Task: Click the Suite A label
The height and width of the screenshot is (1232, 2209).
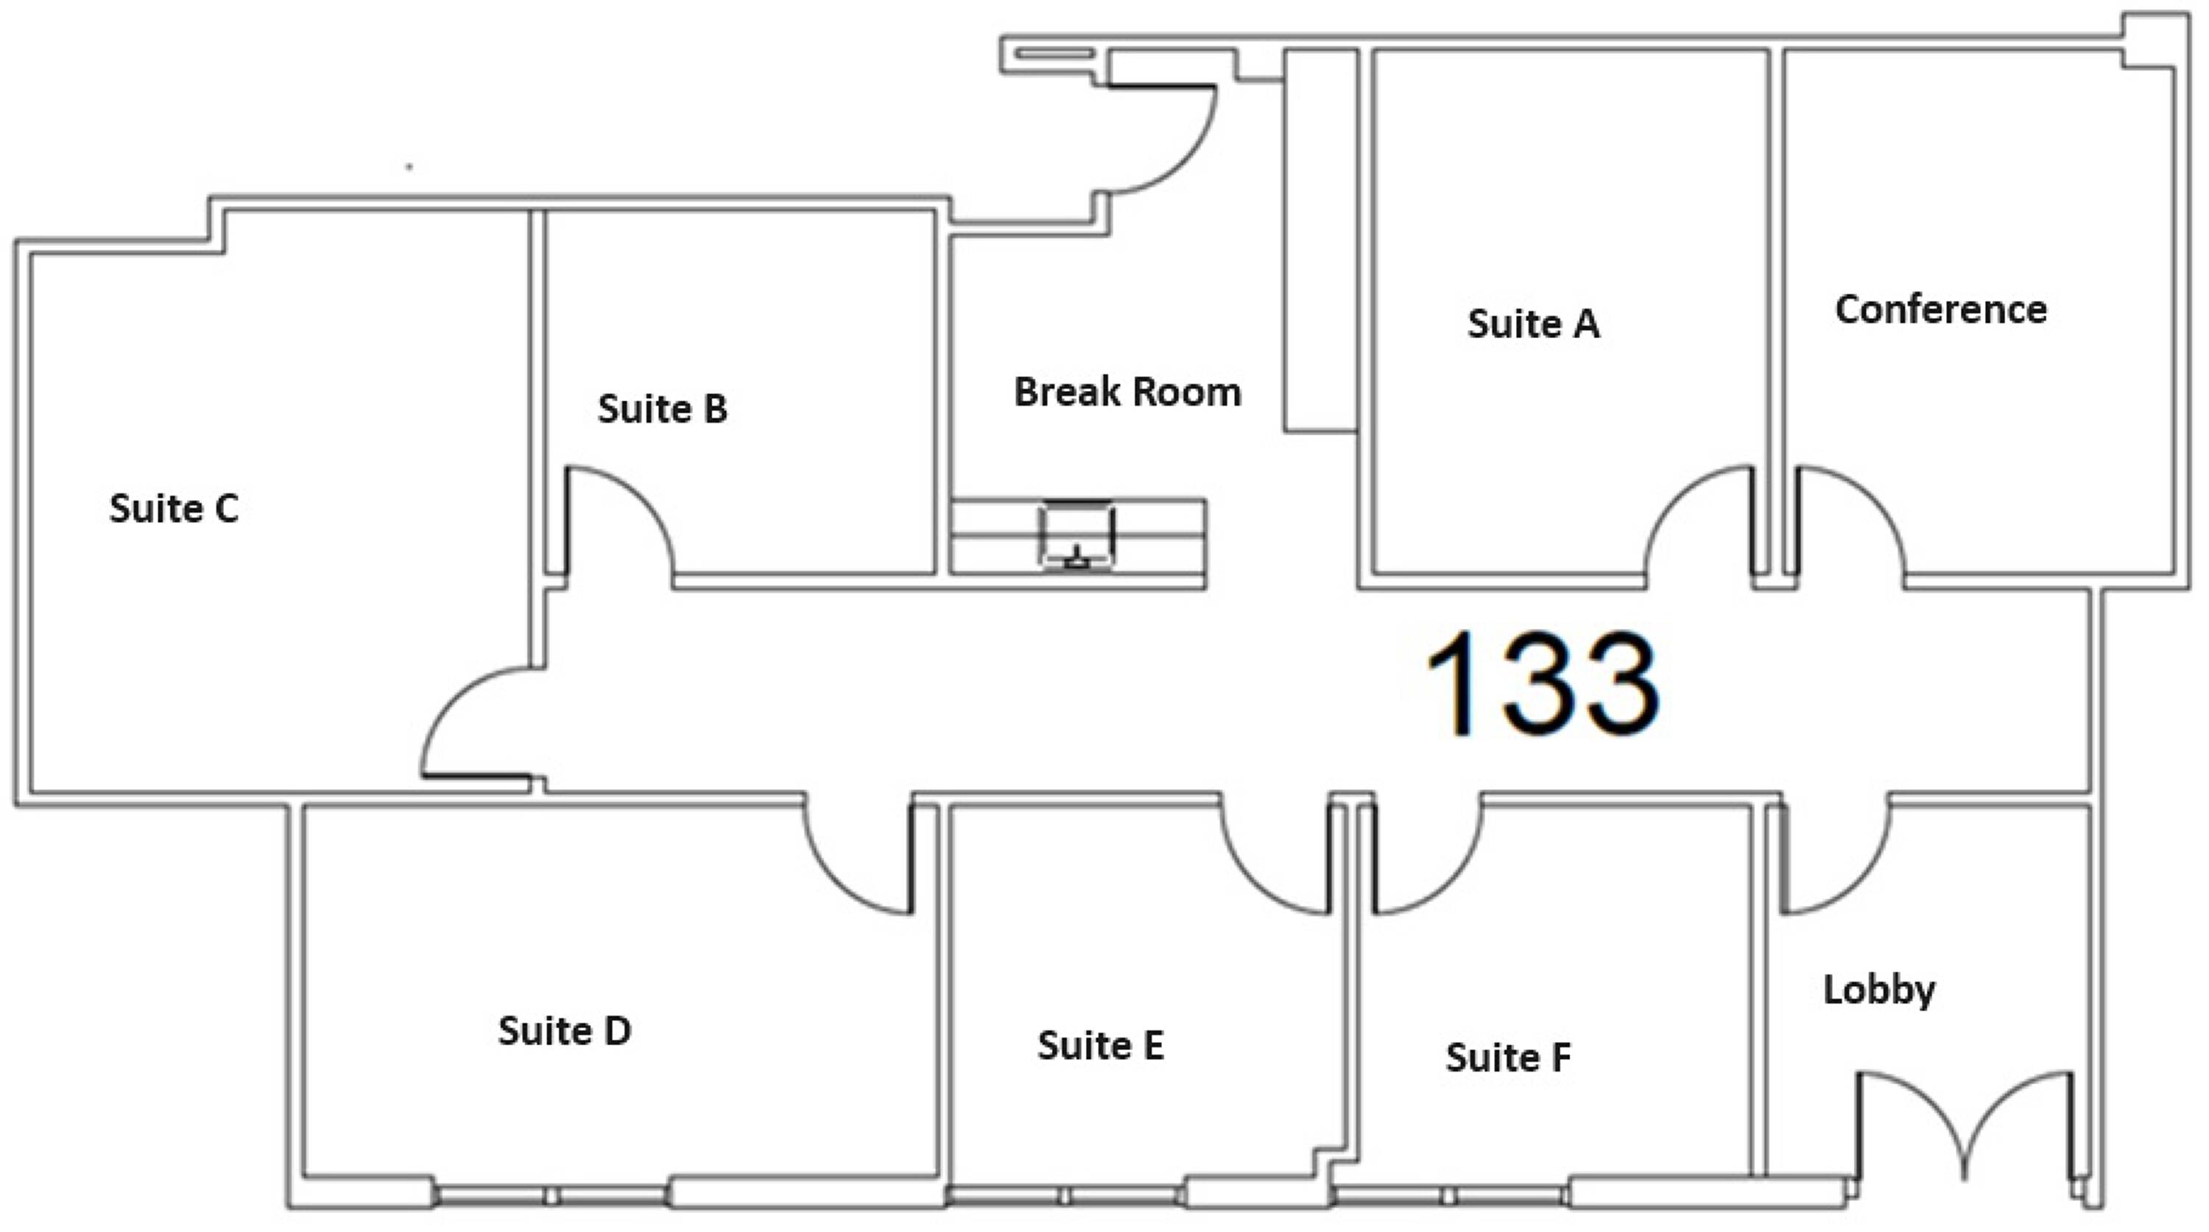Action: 1533,324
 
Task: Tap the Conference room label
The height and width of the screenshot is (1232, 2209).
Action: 1940,309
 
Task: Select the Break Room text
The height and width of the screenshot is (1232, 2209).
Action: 1127,392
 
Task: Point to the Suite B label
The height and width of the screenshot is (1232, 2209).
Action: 662,409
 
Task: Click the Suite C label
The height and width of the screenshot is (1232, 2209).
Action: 174,508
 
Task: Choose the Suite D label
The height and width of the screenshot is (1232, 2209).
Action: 564,1030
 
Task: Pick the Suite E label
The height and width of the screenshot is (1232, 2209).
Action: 1101,1045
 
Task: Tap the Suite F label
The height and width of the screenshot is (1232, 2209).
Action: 1509,1057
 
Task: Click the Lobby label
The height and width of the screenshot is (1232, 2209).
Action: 1879,991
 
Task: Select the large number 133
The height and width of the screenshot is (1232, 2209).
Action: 1542,683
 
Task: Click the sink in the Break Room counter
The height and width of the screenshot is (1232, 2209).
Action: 1077,536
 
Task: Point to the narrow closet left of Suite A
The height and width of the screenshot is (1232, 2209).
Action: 1320,240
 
